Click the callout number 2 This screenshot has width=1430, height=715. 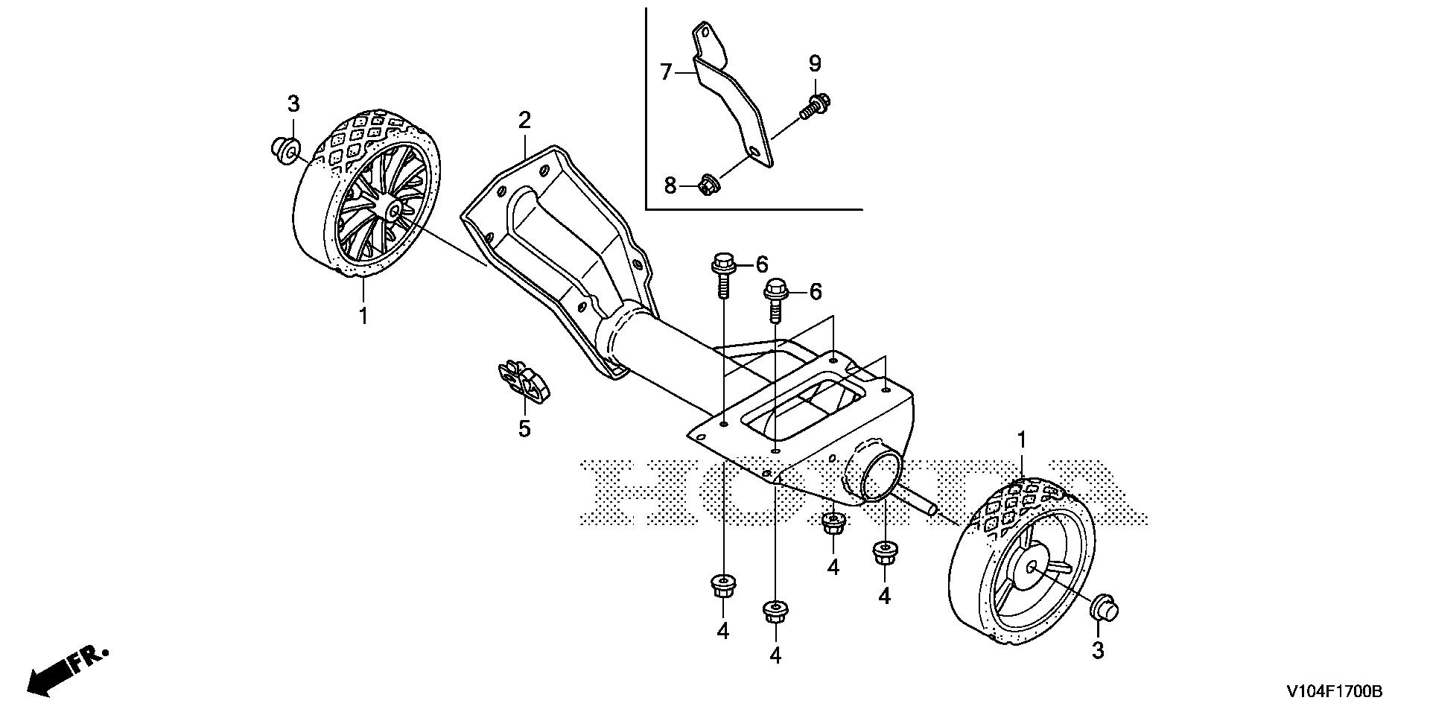(524, 120)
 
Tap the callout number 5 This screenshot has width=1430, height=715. (524, 429)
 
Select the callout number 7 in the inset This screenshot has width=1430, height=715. (667, 72)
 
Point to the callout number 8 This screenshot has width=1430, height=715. (670, 185)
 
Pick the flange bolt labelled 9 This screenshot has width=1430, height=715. (814, 105)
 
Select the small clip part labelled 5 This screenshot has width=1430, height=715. (524, 381)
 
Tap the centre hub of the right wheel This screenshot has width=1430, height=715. (1032, 568)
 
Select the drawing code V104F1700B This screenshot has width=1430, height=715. (1333, 692)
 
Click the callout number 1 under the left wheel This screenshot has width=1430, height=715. (363, 316)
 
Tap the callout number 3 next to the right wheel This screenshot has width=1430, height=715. (1098, 650)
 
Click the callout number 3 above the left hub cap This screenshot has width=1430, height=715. (293, 103)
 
